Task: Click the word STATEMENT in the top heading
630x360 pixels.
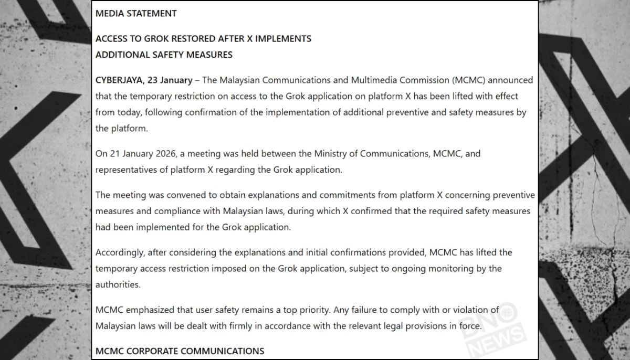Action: tap(151, 14)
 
